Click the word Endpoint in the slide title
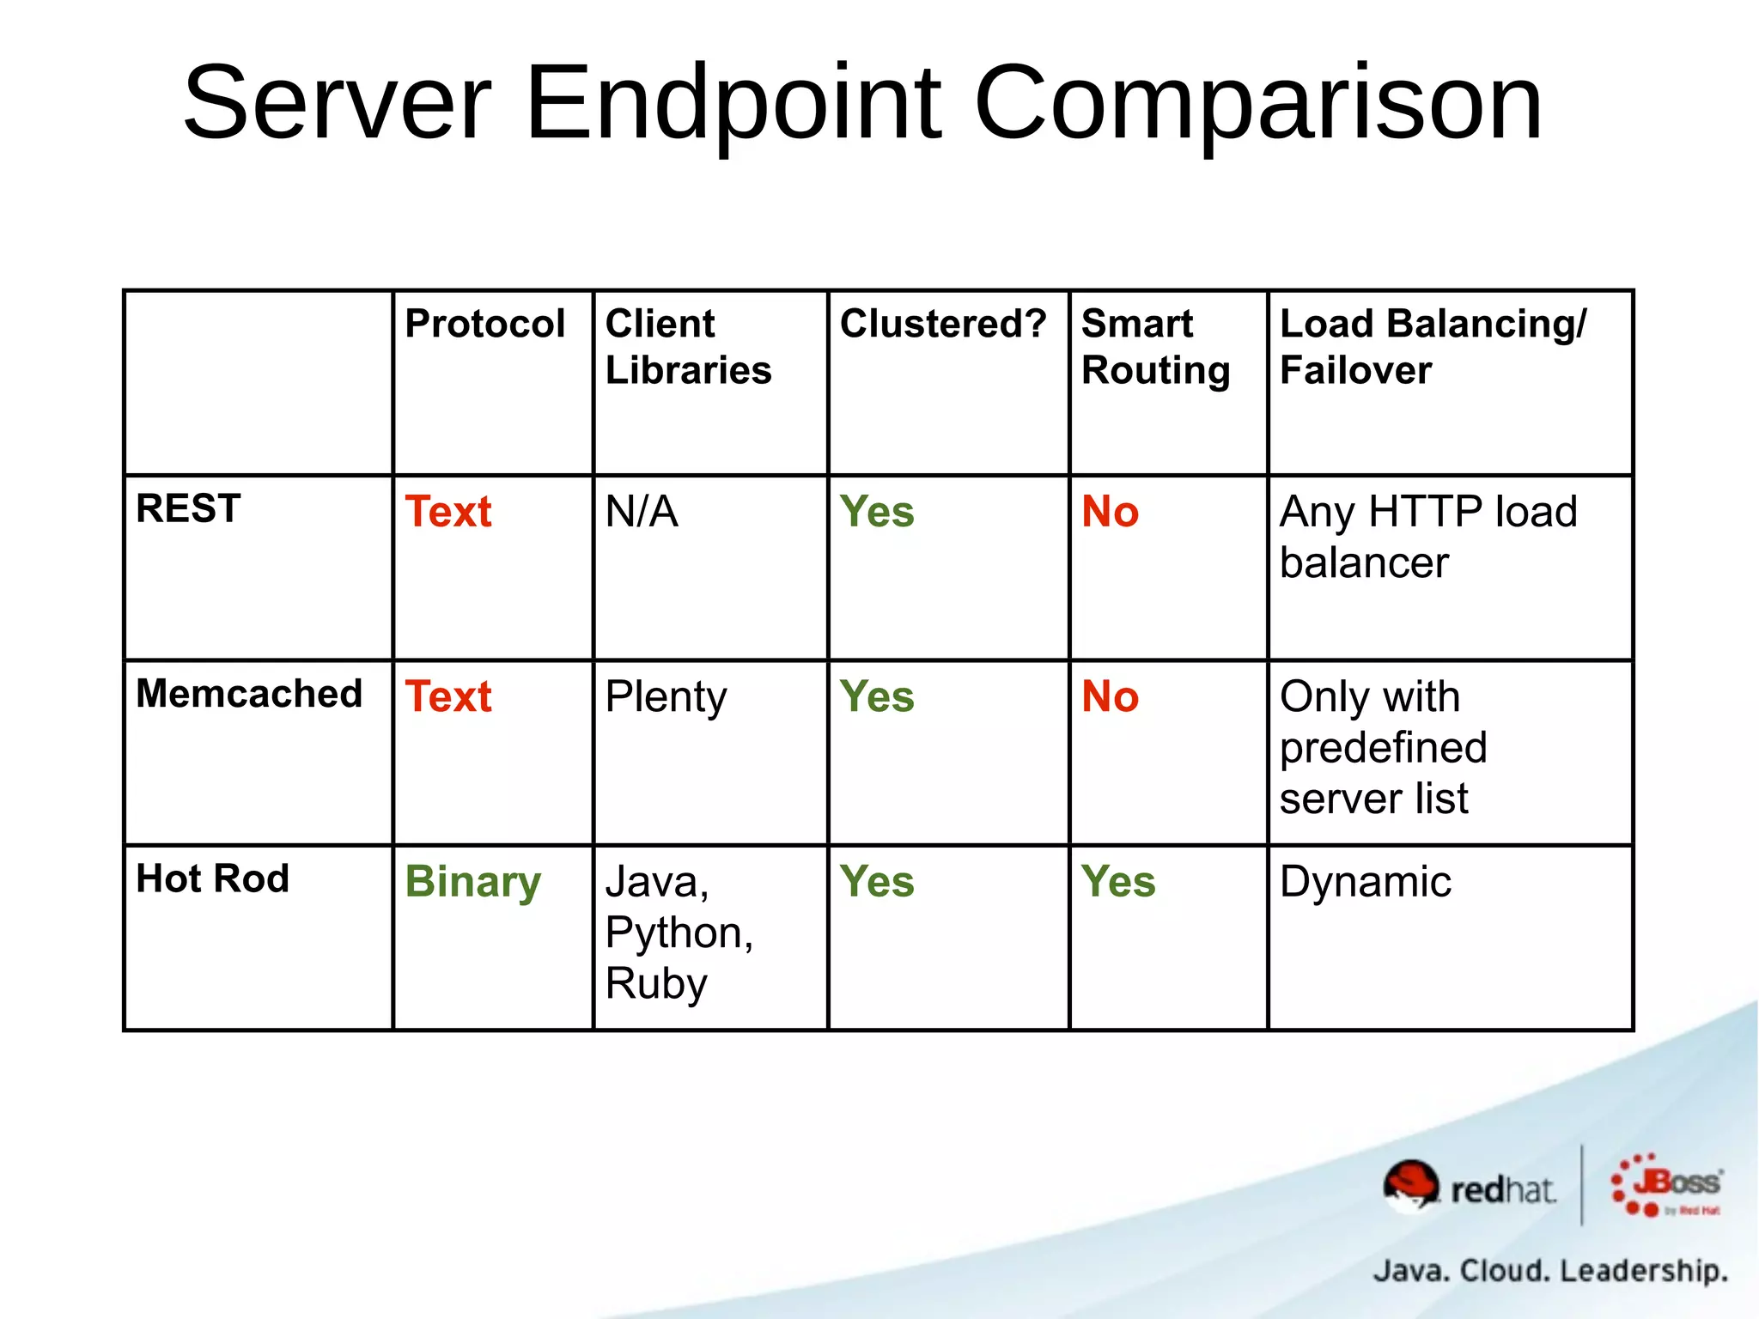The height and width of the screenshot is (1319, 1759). tap(734, 105)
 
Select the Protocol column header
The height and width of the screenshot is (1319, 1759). tap(484, 325)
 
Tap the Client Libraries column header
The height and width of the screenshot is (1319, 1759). tap(688, 347)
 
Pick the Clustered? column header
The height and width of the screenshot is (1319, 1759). tap(943, 325)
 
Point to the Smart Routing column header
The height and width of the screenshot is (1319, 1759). tap(1155, 347)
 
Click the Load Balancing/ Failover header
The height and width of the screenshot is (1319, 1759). tap(1433, 347)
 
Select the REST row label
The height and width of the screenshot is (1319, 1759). tap(188, 508)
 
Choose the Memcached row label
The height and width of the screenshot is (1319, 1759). tap(249, 694)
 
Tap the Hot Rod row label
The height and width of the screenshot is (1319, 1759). tap(212, 878)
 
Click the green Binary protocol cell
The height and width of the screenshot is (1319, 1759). tap(473, 882)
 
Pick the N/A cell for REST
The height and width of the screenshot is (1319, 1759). tap(642, 512)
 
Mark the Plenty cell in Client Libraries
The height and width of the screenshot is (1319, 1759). tap(666, 697)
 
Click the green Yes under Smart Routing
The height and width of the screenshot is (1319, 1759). tap(1118, 882)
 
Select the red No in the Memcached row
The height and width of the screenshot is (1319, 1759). tap(1110, 696)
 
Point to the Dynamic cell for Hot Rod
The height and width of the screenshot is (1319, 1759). tap(1365, 882)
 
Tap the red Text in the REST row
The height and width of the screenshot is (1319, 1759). tap(448, 512)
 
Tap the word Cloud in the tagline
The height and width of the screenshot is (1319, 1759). tap(1504, 1270)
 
